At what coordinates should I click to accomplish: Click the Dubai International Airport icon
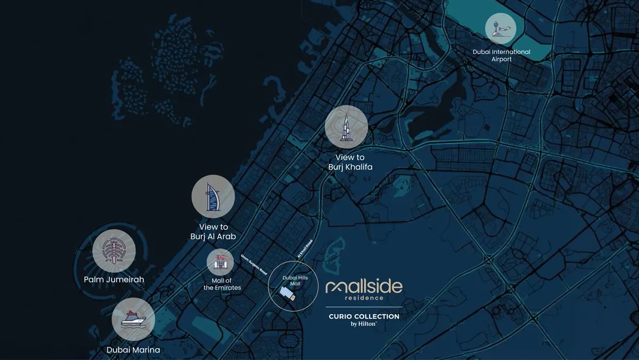tap(501, 28)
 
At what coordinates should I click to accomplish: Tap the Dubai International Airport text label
tap(501, 55)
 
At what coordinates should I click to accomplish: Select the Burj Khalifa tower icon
tap(346, 127)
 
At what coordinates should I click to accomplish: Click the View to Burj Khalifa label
tap(350, 162)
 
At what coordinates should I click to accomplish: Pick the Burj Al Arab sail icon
tap(213, 197)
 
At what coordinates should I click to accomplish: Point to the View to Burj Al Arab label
tap(213, 232)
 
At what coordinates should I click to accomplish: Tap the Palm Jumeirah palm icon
tap(113, 251)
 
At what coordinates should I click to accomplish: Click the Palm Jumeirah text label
tap(114, 279)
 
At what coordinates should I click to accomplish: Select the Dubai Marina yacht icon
tap(133, 319)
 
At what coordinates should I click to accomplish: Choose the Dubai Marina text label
tap(133, 350)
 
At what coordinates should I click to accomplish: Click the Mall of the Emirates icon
tap(220, 262)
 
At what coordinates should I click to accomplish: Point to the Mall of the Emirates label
tap(222, 284)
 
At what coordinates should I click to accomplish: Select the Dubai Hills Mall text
tap(291, 281)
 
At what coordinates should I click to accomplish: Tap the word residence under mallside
tap(364, 298)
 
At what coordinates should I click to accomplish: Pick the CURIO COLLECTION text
tap(364, 316)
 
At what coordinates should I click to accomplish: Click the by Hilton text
tap(364, 324)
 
